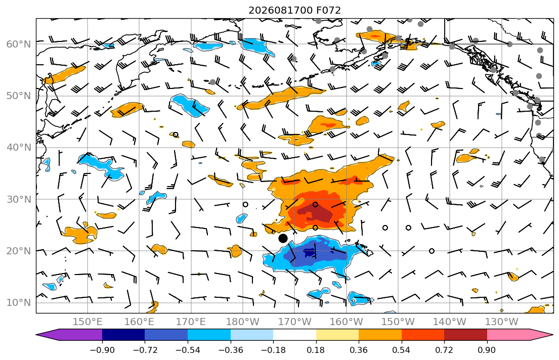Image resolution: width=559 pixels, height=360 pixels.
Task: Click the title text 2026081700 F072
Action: click(294, 10)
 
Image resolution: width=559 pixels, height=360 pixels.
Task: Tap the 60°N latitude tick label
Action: click(19, 44)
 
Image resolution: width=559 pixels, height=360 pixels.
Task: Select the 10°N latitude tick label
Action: click(19, 303)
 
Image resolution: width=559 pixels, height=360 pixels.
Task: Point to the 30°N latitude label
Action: click(19, 199)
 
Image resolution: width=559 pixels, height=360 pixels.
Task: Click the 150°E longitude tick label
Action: click(88, 322)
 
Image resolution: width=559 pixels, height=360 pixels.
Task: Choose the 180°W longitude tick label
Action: click(243, 322)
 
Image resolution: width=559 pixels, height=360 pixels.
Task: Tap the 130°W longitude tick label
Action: click(502, 322)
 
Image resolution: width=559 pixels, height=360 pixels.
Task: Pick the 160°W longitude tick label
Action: click(346, 322)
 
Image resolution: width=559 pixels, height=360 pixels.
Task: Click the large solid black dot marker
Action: click(283, 238)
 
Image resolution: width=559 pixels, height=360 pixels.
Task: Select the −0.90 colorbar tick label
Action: click(102, 350)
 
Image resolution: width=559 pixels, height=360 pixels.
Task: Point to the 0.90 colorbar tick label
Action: click(487, 350)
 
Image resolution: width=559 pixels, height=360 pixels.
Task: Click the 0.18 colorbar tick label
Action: click(316, 350)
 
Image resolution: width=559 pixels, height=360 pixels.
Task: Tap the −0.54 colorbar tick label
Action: click(188, 350)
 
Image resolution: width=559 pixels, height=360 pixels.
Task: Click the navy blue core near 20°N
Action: click(309, 252)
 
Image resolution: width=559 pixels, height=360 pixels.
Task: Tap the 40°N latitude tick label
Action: click(19, 148)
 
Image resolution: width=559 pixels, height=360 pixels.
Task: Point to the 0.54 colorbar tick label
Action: click(402, 350)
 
